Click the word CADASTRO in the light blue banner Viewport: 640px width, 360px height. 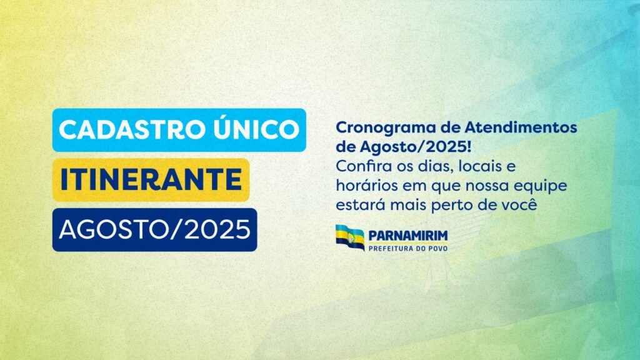[x=131, y=130]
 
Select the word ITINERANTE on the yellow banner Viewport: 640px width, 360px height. [x=151, y=179]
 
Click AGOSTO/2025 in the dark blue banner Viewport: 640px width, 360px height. [x=155, y=229]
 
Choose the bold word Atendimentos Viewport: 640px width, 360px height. [x=521, y=127]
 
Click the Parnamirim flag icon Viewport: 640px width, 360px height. [x=350, y=237]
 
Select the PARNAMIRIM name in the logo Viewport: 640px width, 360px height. [x=407, y=236]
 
